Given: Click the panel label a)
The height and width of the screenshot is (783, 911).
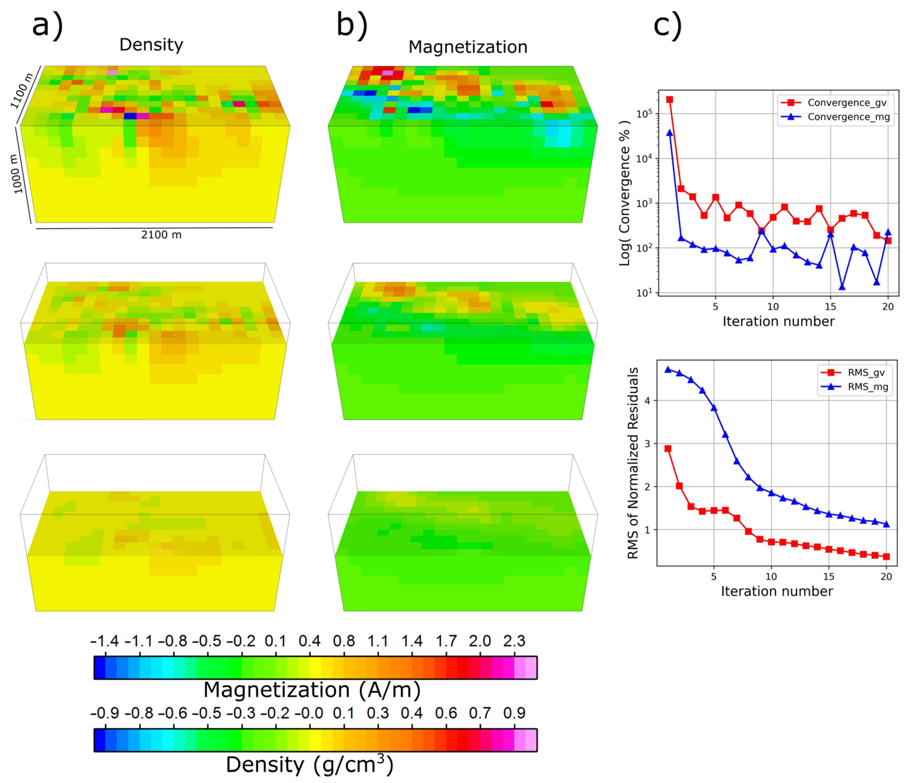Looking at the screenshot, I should pos(47,25).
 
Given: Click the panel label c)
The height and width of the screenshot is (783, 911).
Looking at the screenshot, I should pos(668,25).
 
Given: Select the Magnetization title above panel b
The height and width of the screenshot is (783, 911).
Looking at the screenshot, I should pos(468,47).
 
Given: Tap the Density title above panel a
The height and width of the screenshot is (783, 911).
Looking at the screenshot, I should pos(151,45).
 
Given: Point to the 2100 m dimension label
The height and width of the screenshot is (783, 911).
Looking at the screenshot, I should pos(161,235).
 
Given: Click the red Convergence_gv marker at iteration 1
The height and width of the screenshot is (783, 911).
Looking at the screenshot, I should pos(670,100).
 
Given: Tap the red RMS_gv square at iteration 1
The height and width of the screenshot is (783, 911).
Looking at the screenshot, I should pos(668,449).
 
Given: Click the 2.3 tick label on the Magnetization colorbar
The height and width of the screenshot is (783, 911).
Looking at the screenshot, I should pos(514,641).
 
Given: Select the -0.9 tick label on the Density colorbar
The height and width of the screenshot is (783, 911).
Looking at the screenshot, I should pos(105,713).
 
